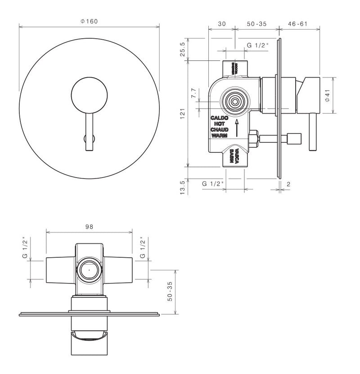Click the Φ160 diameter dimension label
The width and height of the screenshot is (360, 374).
pyautogui.click(x=89, y=21)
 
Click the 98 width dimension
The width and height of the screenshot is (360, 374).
pyautogui.click(x=89, y=227)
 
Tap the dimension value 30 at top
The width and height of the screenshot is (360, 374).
pyautogui.click(x=221, y=24)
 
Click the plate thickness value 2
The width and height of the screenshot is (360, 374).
pyautogui.click(x=288, y=184)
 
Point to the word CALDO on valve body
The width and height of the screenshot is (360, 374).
pyautogui.click(x=220, y=118)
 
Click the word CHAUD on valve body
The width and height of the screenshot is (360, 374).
pyautogui.click(x=220, y=129)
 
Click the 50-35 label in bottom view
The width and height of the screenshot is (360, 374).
pyautogui.click(x=170, y=292)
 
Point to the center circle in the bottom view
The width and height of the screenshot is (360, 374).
pyautogui.click(x=89, y=271)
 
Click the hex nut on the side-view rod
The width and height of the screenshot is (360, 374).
pyautogui.click(x=253, y=138)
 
